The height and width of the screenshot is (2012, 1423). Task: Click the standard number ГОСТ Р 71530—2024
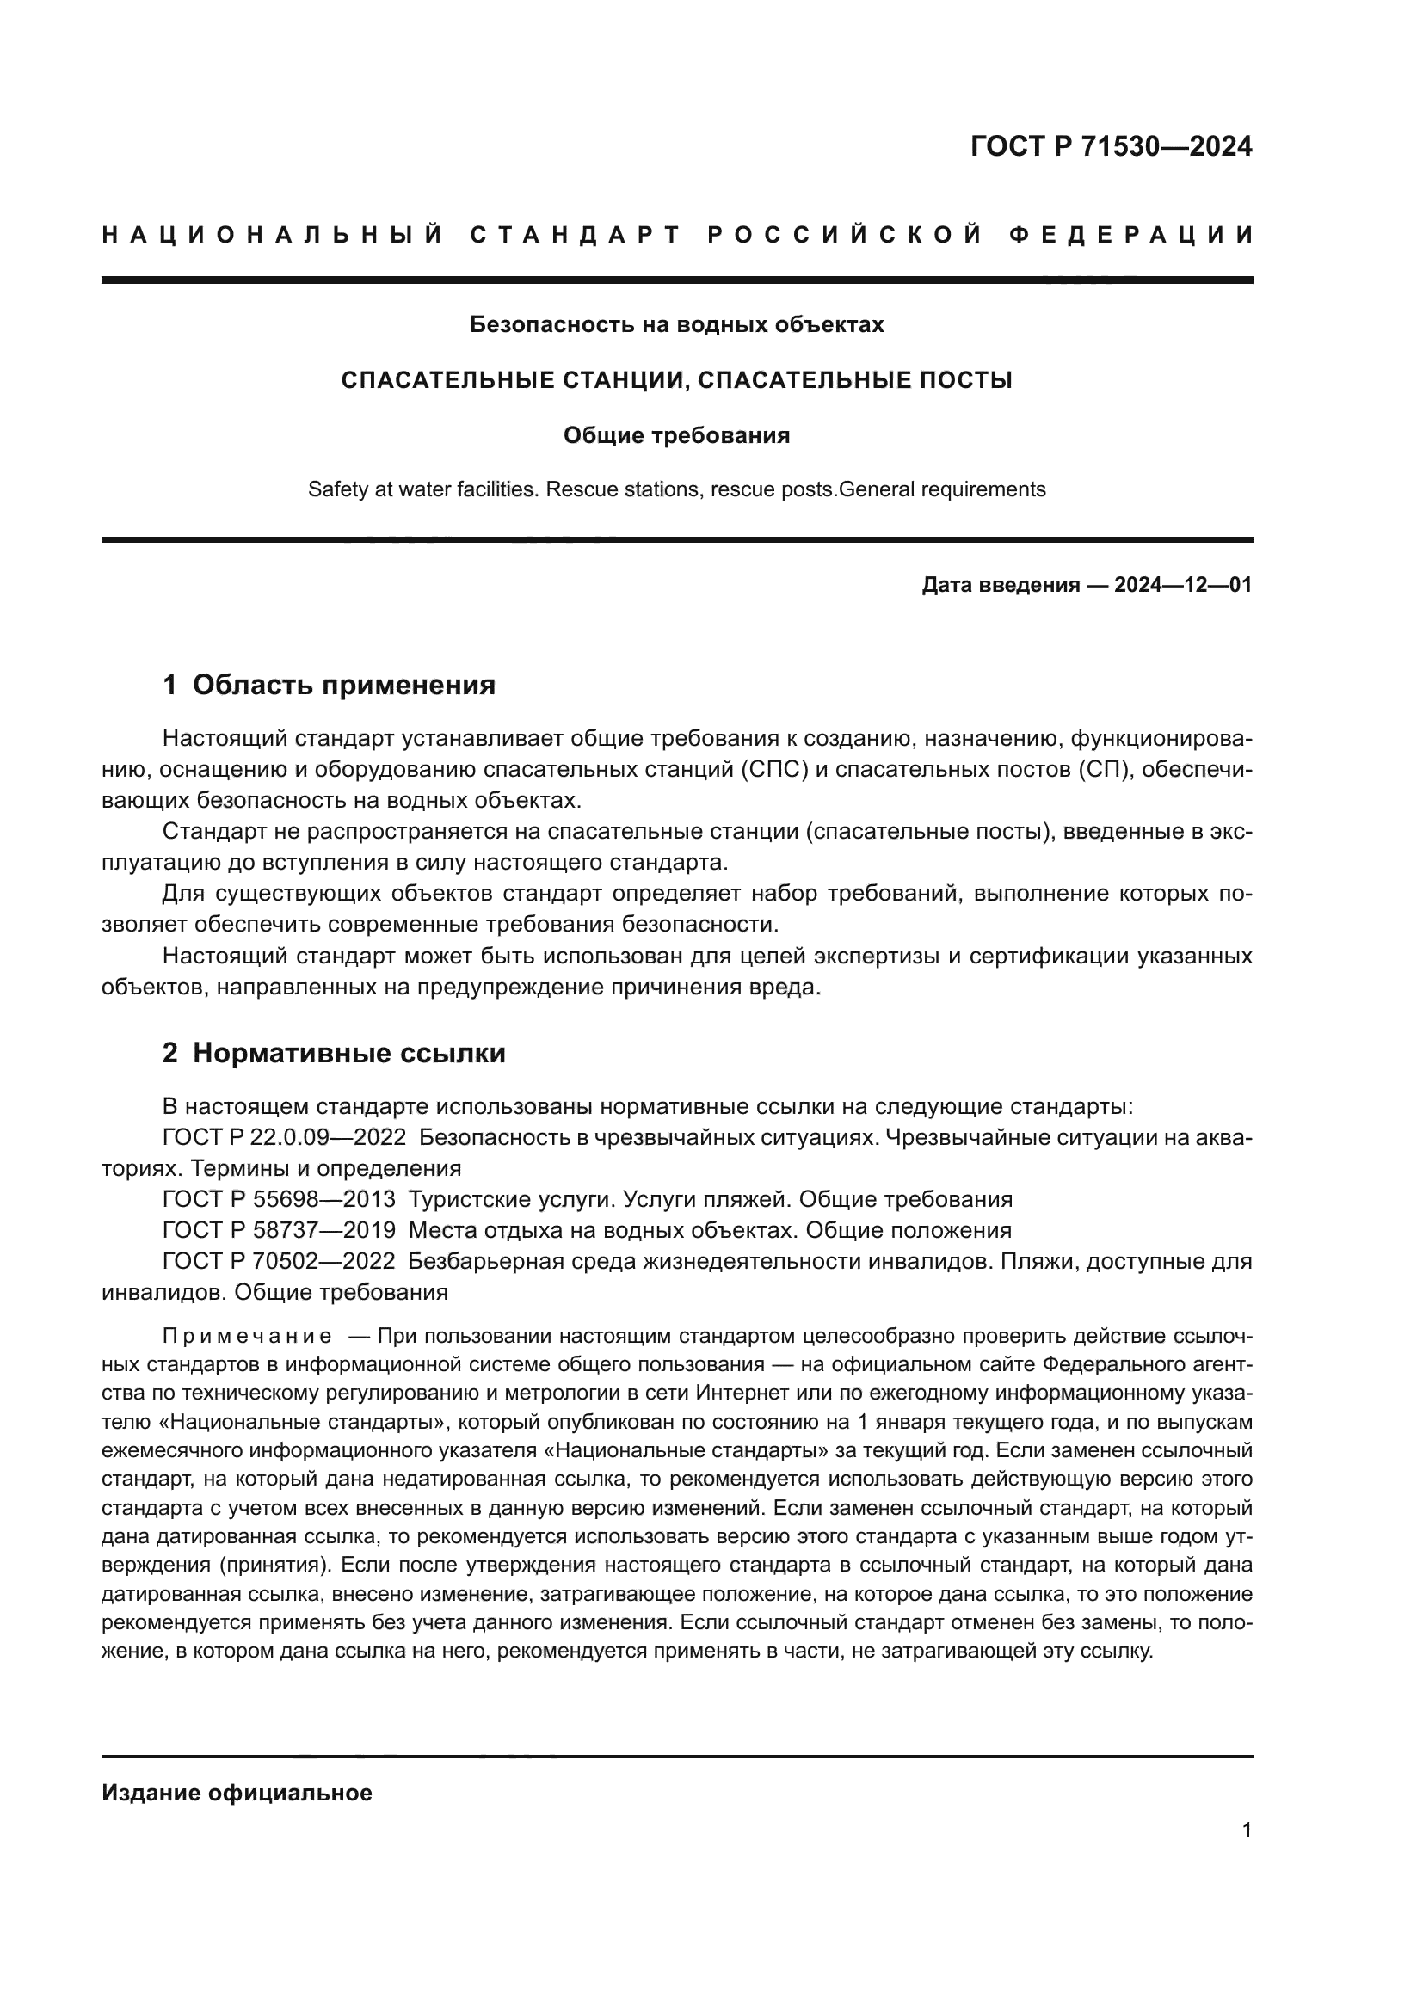click(1110, 146)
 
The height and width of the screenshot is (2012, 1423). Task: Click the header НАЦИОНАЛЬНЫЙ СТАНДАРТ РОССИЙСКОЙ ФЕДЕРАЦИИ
click(677, 235)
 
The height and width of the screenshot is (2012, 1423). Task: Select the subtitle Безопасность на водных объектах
click(676, 325)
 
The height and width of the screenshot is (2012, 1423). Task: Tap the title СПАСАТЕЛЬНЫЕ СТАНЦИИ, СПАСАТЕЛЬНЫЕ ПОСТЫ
click(676, 380)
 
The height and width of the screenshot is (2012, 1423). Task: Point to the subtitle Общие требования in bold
click(676, 435)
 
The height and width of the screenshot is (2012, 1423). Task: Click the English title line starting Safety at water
click(676, 489)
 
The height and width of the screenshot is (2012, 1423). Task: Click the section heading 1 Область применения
click(330, 686)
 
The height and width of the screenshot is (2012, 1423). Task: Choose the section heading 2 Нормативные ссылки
click(334, 1054)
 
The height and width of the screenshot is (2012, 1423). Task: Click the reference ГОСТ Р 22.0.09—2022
click(285, 1137)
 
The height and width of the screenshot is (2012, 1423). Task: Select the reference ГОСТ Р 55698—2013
click(280, 1199)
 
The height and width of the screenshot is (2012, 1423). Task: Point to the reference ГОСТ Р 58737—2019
click(280, 1229)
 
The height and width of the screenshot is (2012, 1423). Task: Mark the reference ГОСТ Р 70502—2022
click(280, 1261)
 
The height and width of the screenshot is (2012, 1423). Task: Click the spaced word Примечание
click(247, 1337)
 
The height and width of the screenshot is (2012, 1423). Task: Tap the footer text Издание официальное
click(237, 1793)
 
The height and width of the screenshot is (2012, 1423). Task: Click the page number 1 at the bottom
click(1247, 1830)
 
